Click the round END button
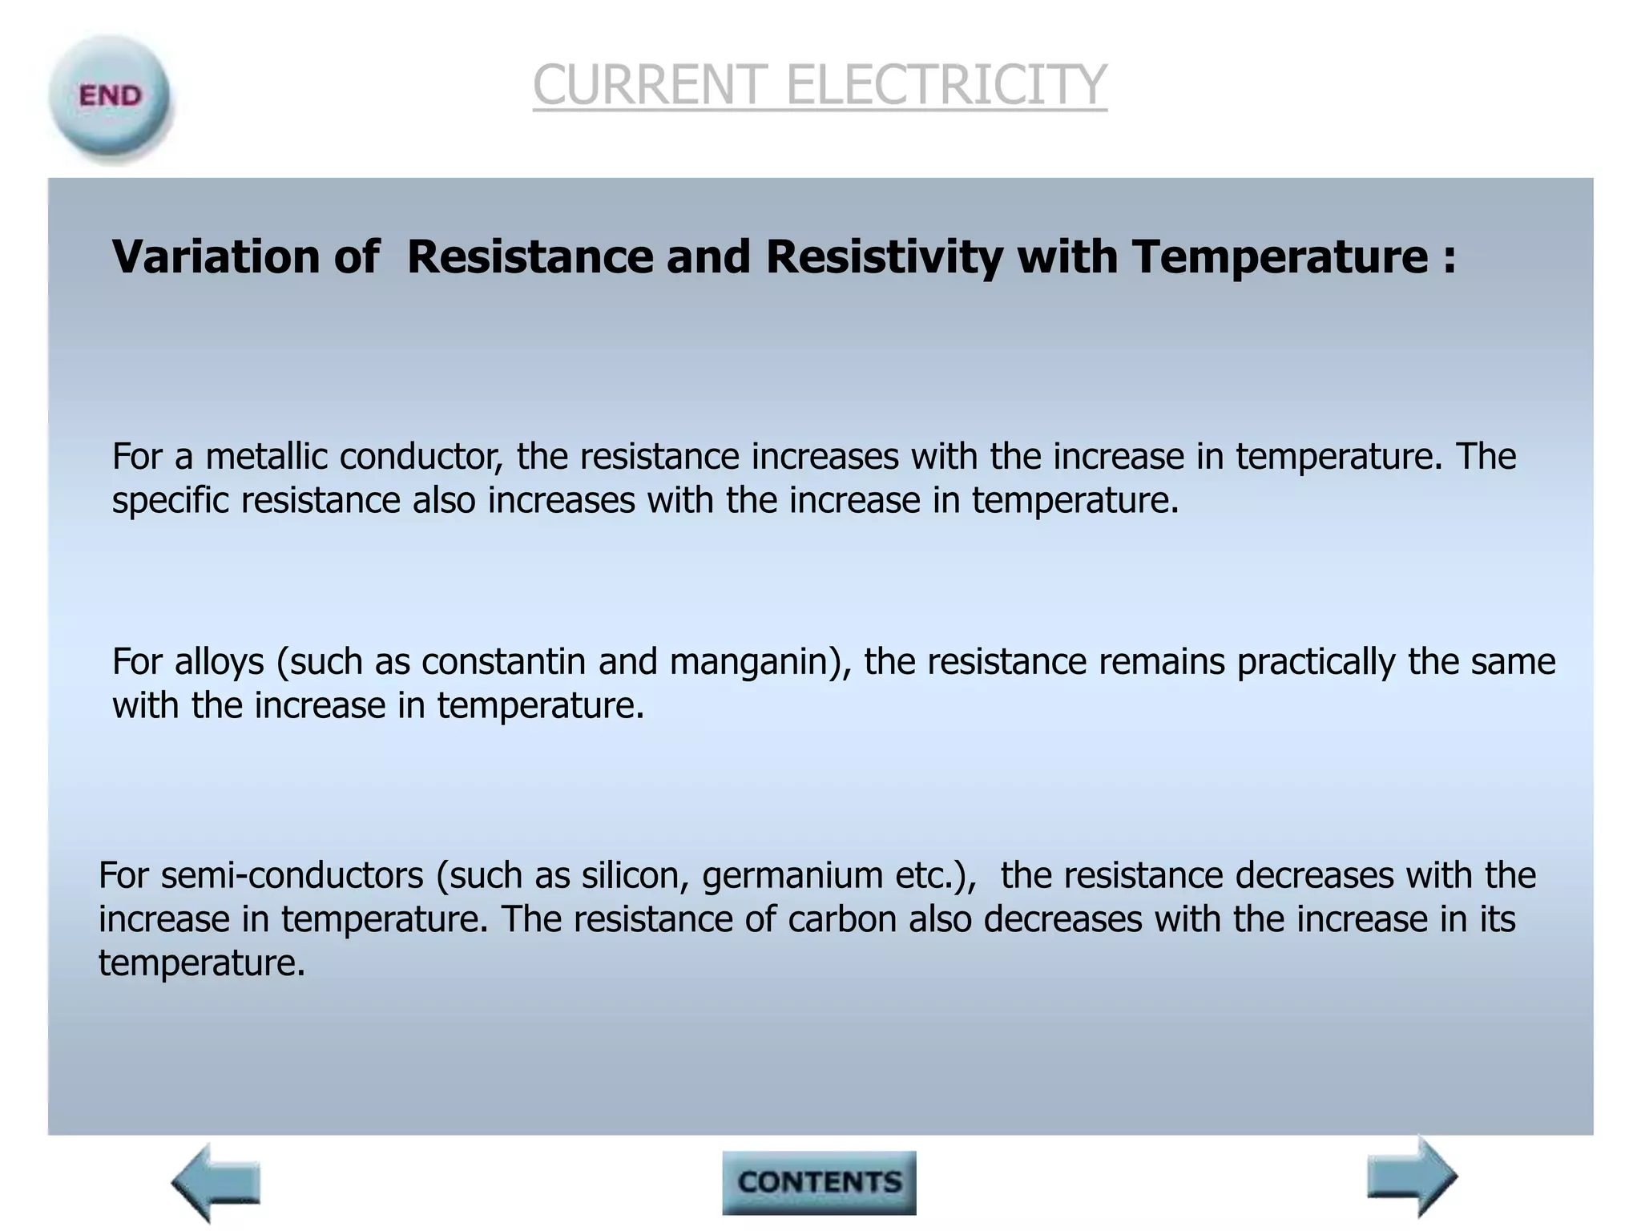(110, 98)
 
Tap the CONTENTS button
(819, 1182)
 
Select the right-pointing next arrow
(1412, 1177)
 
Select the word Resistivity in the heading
(884, 257)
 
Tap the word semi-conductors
(292, 875)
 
